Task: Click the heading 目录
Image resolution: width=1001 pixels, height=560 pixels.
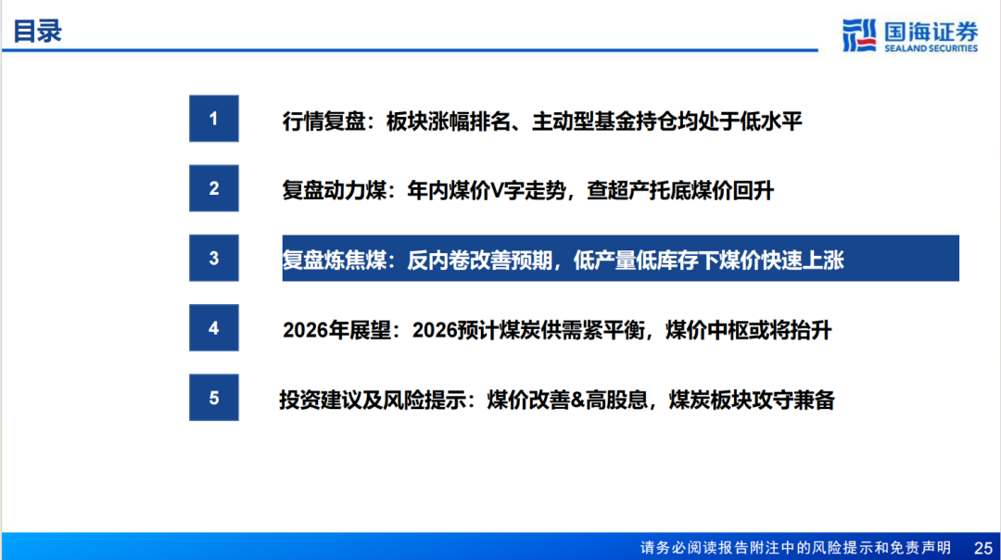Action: [38, 32]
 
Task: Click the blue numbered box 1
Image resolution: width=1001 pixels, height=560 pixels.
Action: [214, 119]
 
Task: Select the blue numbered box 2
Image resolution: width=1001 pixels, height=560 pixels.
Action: [214, 188]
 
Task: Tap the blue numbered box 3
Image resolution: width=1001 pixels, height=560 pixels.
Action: [214, 258]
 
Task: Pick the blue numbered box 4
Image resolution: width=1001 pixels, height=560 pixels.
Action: [214, 327]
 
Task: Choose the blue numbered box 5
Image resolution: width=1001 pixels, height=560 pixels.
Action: [214, 397]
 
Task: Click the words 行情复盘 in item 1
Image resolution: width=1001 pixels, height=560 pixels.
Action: [323, 121]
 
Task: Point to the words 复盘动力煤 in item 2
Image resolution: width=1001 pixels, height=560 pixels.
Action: [335, 190]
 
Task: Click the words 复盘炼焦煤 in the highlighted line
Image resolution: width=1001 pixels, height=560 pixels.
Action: [335, 260]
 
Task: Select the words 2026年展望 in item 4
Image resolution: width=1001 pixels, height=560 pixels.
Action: [336, 330]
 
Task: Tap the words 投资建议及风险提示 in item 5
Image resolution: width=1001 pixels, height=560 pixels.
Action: [373, 400]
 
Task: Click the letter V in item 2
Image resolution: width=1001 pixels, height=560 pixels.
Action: [498, 190]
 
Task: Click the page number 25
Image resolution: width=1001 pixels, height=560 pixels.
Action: [983, 548]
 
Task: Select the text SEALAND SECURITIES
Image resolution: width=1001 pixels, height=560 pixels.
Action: [931, 48]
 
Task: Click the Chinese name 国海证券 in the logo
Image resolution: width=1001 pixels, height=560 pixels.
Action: [931, 32]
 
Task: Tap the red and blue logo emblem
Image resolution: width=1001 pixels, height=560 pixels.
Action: [859, 35]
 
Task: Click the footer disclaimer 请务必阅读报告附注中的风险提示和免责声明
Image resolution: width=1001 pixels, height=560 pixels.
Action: [795, 548]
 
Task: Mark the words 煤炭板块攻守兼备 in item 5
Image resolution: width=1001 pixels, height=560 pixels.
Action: [752, 400]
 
